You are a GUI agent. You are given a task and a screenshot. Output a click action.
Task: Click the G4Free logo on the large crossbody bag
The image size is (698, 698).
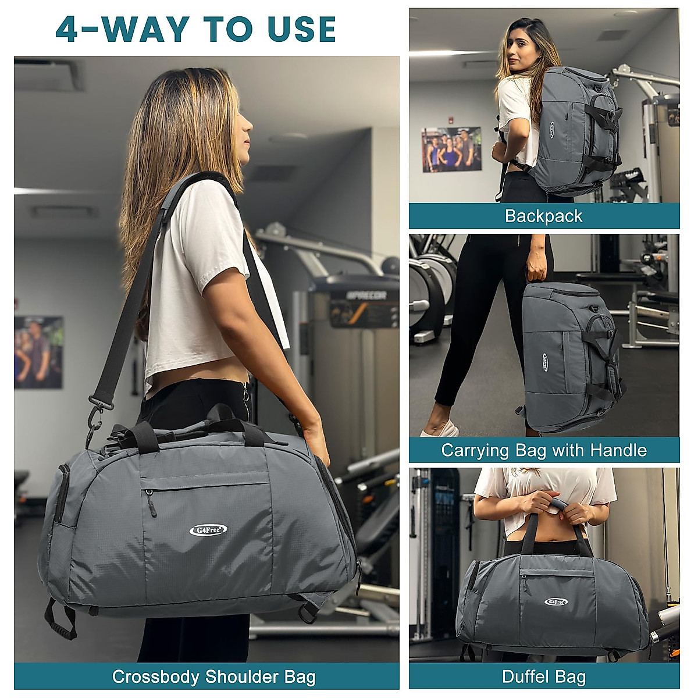[x=208, y=530]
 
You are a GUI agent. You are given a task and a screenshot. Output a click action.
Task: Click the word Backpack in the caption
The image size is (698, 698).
[x=543, y=216]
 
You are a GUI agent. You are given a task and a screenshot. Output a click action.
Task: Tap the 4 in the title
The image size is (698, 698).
[x=67, y=29]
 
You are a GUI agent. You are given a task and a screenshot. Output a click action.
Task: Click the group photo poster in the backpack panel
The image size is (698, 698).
[x=451, y=149]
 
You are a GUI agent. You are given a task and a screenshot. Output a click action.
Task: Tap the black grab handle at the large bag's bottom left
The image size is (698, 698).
[x=61, y=621]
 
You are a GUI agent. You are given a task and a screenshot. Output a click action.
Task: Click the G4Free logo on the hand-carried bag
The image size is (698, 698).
[x=545, y=362]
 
